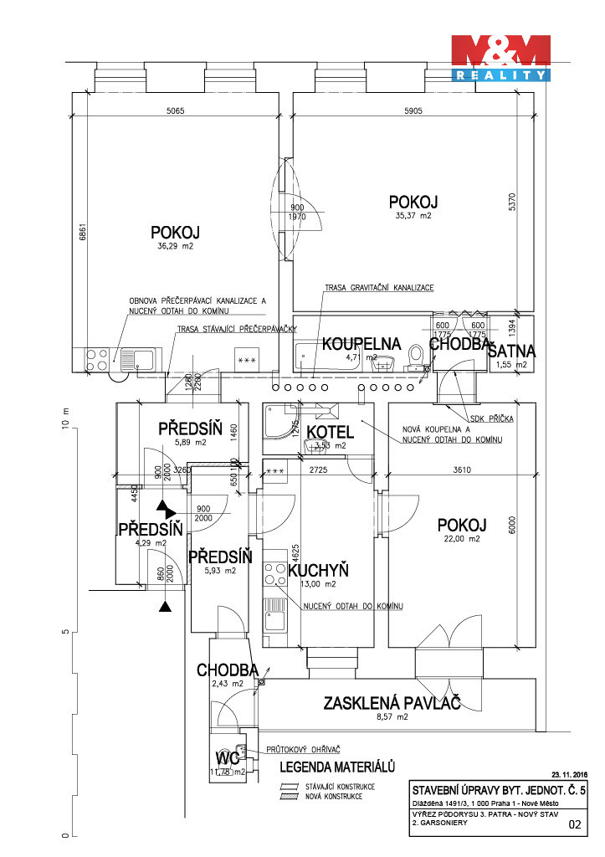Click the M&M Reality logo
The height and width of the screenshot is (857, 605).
(x=500, y=59)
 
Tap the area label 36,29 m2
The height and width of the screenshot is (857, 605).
(x=176, y=247)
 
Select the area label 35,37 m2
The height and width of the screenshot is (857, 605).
(x=413, y=216)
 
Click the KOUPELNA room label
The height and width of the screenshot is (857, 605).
(x=361, y=344)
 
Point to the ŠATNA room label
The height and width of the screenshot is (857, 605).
(x=511, y=352)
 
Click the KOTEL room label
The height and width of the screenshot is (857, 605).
(x=330, y=432)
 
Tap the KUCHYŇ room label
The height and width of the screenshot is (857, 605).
(x=318, y=570)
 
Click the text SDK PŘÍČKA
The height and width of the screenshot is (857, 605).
(x=493, y=418)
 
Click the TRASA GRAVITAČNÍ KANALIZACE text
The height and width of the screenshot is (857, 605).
(x=379, y=287)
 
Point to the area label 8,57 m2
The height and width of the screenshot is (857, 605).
(x=392, y=717)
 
